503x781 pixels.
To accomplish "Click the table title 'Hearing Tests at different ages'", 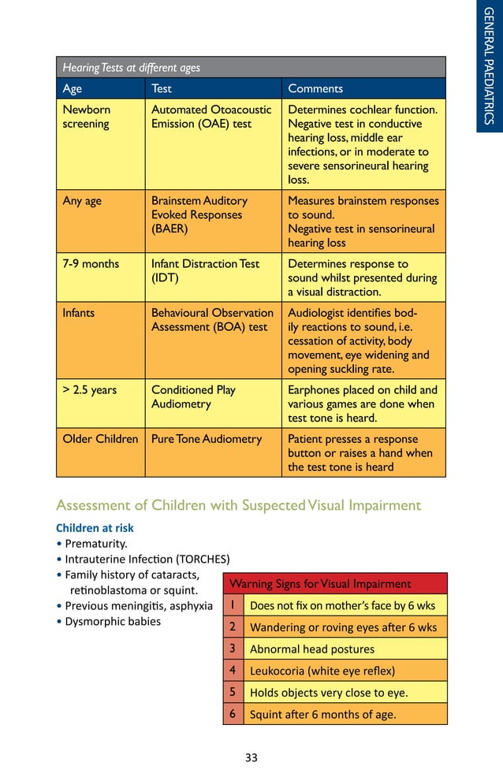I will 132,68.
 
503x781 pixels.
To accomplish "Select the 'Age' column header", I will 72,89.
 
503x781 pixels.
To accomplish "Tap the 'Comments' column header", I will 315,89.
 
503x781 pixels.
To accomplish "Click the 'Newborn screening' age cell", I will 87,117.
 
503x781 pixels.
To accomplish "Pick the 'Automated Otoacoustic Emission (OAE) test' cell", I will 211,117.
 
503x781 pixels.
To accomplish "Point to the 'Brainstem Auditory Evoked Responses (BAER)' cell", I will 199,214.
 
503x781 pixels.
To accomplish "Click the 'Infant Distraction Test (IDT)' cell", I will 205,270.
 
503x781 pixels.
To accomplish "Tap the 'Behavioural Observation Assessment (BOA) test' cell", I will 212,319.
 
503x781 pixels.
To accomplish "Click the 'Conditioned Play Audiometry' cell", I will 193,396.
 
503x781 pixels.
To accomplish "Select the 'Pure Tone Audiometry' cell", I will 206,439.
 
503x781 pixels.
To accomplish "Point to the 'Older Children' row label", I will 100,439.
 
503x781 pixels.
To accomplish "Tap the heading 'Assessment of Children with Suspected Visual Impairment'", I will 239,506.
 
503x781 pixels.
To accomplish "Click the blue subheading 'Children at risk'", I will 95,528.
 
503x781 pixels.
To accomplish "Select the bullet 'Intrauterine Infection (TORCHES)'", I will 147,560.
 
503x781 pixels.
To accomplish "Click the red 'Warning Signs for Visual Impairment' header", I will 320,584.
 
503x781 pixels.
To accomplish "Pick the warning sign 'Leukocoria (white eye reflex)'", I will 322,671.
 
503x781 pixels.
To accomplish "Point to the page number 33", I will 251,758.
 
